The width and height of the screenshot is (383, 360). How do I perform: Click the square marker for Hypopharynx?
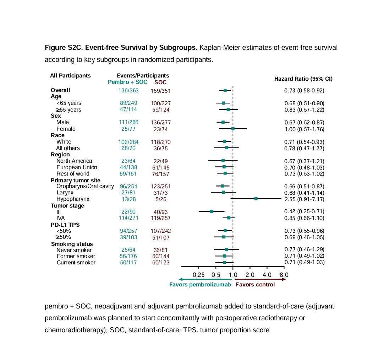[256, 199]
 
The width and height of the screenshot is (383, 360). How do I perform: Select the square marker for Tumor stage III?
[212, 211]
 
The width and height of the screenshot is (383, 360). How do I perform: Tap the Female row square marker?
[233, 129]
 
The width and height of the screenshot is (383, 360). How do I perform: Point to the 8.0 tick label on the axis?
[284, 275]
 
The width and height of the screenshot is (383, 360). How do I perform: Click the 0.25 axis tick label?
[199, 275]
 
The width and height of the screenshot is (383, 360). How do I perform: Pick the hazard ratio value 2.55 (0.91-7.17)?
[304, 199]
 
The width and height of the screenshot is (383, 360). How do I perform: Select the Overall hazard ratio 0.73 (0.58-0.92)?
[304, 90]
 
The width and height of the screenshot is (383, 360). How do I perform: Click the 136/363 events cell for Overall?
[128, 90]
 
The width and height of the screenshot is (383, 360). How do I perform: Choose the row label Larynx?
[65, 193]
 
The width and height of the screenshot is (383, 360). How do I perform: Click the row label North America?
[74, 161]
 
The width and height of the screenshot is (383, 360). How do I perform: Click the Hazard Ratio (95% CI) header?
[303, 79]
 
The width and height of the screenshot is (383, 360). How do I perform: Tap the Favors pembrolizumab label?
[200, 285]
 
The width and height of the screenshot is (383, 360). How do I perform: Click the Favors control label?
[255, 285]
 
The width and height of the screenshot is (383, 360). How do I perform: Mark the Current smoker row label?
[76, 263]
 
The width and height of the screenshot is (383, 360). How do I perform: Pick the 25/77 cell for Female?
[128, 129]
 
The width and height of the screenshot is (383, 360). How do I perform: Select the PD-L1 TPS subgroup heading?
[65, 225]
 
